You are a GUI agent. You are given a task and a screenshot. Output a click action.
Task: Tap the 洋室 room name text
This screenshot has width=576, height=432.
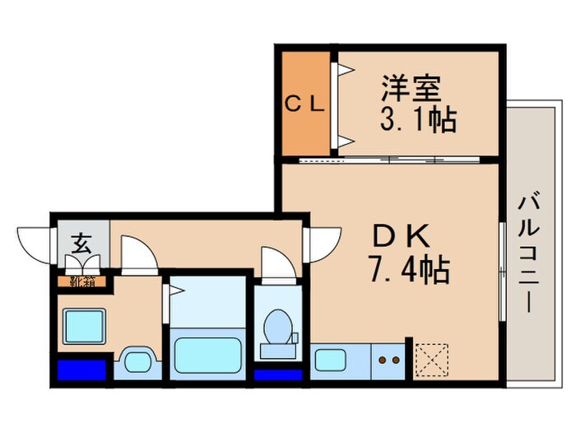coord(411,88)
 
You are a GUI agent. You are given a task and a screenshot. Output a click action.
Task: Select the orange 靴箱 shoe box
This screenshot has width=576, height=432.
coord(81,281)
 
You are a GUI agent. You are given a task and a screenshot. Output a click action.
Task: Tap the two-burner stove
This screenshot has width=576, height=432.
coord(388,360)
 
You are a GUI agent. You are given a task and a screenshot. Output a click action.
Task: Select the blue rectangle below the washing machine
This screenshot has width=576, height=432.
coord(81,369)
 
